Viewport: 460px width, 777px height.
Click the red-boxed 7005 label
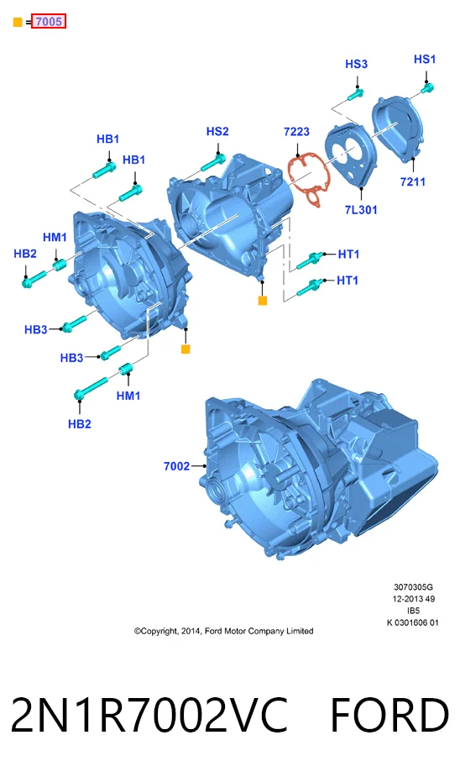tap(49, 21)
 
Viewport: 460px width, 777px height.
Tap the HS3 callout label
tap(356, 64)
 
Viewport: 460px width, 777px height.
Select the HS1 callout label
tap(425, 59)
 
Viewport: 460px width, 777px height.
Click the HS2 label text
tap(217, 131)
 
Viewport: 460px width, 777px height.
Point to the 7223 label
tap(296, 132)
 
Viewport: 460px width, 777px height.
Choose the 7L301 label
tap(360, 210)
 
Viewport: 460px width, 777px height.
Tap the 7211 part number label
tap(412, 182)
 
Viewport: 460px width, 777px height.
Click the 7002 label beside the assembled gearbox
tap(176, 466)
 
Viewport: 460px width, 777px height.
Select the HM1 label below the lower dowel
tap(128, 396)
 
